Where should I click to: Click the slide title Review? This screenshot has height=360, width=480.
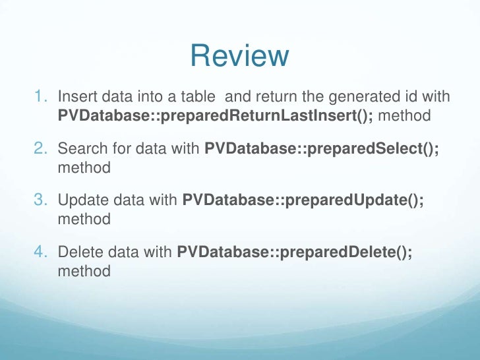pos(239,57)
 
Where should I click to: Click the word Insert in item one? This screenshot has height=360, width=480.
pos(75,98)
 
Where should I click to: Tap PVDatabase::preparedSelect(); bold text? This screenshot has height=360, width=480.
pos(322,150)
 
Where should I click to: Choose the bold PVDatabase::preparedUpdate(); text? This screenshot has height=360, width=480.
pos(303,201)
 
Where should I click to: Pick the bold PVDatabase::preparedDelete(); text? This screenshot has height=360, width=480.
pos(295,253)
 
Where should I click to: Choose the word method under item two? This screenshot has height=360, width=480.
pos(84,168)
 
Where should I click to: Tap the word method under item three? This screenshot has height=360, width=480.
pos(84,220)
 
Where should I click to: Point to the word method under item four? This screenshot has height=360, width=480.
pos(84,271)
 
